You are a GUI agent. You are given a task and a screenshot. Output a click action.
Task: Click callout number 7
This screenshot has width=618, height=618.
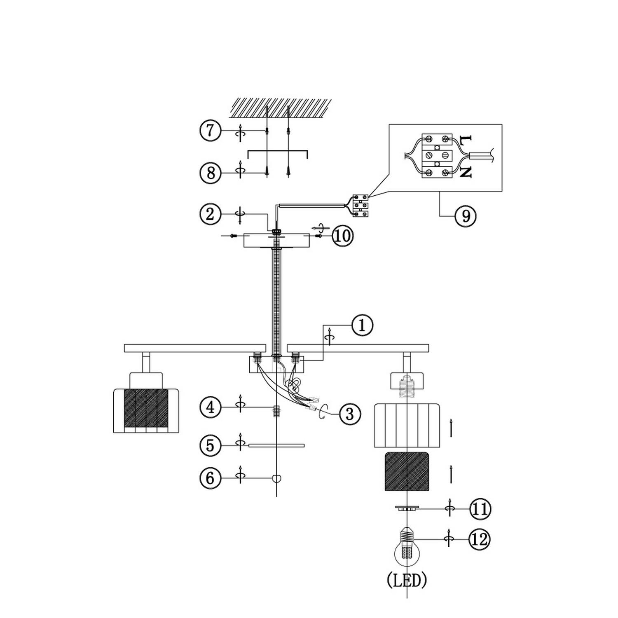(211, 131)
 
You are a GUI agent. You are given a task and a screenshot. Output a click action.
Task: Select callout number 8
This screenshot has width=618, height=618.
(211, 173)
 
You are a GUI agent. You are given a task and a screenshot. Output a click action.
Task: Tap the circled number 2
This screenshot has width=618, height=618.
(211, 214)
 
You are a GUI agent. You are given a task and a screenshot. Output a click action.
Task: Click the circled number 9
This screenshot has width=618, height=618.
(466, 215)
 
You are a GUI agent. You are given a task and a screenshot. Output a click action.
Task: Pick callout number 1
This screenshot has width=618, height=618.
(362, 325)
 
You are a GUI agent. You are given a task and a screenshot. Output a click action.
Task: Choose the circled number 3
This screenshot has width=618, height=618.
(350, 414)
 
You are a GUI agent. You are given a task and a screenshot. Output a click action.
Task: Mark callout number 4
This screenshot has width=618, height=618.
(211, 407)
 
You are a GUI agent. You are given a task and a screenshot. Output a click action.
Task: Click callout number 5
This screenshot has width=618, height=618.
(211, 445)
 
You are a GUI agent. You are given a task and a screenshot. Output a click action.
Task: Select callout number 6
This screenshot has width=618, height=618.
(211, 478)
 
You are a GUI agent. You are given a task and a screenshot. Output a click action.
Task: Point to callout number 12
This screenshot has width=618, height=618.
(480, 539)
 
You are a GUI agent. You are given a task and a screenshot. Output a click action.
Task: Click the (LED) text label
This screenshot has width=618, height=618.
(407, 581)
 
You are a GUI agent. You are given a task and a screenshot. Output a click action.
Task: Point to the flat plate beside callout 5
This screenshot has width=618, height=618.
(276, 445)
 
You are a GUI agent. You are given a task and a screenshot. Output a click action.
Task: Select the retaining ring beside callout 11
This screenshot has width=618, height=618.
(407, 508)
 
